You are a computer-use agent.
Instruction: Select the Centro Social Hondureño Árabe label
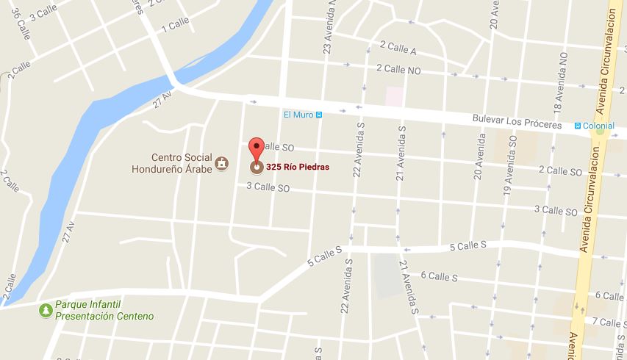click(x=181, y=162)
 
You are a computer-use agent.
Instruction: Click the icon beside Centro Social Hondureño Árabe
click(x=220, y=162)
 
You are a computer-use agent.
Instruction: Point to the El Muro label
click(x=298, y=115)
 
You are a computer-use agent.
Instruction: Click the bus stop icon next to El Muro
click(x=320, y=115)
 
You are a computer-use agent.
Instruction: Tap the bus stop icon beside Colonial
click(x=578, y=126)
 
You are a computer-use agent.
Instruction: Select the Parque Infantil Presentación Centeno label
click(x=105, y=310)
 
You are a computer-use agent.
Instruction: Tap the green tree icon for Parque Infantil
click(x=46, y=310)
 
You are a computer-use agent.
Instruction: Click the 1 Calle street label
click(x=179, y=26)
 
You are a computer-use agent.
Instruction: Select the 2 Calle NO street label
click(x=398, y=68)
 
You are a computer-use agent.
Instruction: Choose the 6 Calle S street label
click(x=439, y=276)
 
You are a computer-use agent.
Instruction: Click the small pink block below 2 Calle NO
click(x=395, y=96)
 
